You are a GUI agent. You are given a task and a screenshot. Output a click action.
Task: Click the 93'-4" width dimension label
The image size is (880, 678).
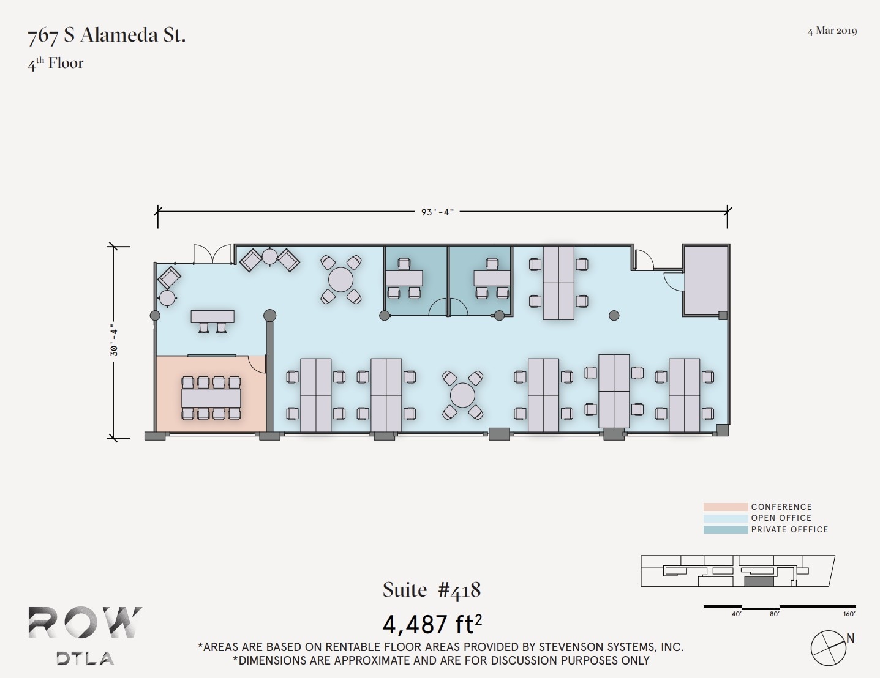click(437, 212)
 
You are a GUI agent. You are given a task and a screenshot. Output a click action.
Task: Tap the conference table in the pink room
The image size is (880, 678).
click(211, 398)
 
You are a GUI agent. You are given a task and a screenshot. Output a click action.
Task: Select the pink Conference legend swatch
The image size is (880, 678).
click(725, 507)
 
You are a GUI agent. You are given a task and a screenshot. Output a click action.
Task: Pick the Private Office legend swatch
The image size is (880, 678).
click(725, 530)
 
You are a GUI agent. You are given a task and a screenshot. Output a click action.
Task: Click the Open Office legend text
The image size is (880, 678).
click(781, 518)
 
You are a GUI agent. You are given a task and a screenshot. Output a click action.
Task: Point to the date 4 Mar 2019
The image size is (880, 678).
click(832, 31)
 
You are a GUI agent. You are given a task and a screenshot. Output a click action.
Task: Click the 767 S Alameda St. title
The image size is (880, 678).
click(107, 35)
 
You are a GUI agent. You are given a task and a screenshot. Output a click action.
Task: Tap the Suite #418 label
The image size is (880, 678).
click(432, 590)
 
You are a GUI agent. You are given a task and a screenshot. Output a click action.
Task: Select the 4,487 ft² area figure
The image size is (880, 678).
click(432, 624)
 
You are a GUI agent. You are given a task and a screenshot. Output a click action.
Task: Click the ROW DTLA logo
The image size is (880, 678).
click(85, 635)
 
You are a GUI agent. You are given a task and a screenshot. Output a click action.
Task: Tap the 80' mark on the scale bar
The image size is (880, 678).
click(775, 614)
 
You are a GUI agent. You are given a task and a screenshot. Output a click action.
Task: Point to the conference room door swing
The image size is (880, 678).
click(258, 365)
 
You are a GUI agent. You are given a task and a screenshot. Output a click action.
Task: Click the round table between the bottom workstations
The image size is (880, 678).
click(462, 395)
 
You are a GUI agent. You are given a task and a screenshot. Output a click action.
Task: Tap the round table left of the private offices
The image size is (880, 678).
click(340, 280)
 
